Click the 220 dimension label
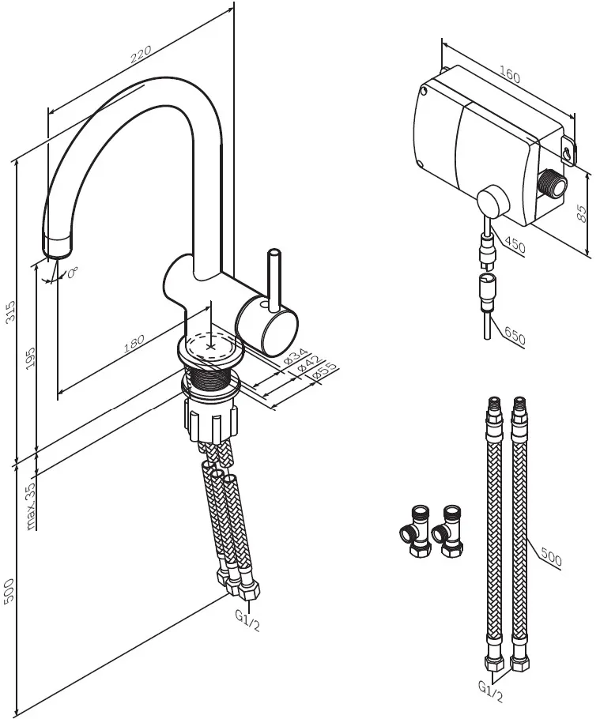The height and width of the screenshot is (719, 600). click(140, 56)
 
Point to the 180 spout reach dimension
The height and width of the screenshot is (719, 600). click(134, 344)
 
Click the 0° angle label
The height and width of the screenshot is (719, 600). click(73, 273)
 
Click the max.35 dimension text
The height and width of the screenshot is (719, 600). click(31, 506)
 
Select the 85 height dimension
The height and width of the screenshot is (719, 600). click(584, 212)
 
